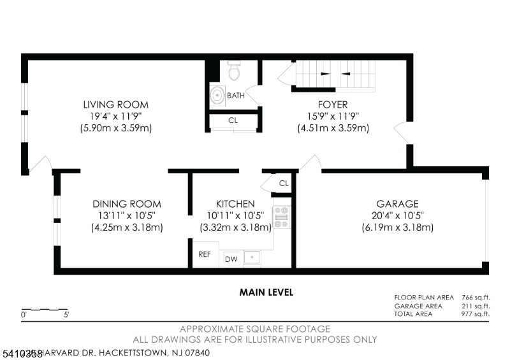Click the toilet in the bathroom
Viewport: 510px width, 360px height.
(233, 72)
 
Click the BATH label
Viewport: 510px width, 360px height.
(236, 96)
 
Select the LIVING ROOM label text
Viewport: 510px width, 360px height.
(115, 104)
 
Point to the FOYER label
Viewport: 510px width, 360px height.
(333, 104)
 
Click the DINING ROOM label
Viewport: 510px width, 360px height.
(127, 204)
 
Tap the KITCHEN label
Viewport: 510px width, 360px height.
(235, 204)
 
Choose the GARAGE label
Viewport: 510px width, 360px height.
(397, 204)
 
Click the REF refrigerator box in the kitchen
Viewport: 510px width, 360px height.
(205, 254)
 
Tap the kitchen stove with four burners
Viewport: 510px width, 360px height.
(282, 217)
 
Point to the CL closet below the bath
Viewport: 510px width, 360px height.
(233, 120)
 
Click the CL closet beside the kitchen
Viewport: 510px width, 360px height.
(284, 184)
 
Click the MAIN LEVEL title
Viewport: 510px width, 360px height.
(266, 292)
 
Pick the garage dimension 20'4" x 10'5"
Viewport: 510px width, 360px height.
(397, 216)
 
